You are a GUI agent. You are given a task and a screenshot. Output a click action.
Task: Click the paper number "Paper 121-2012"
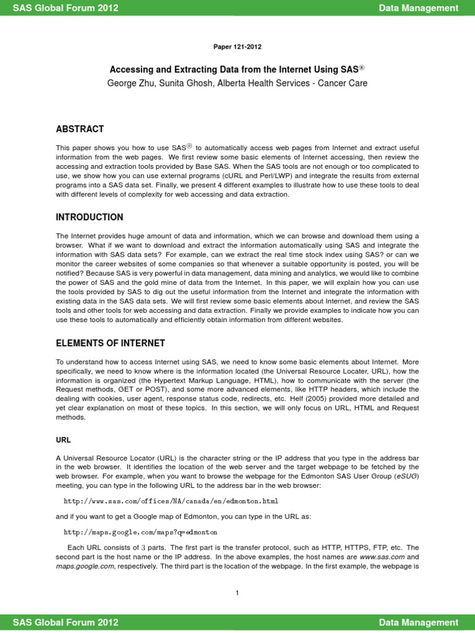[x=237, y=46]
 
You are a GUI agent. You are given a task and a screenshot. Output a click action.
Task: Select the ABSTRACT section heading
[x=80, y=129]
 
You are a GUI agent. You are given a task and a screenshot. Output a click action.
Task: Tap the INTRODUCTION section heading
[x=90, y=217]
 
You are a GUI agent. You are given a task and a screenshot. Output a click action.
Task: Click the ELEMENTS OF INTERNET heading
[x=111, y=343]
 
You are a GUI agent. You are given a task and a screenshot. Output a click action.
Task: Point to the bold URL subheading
[x=64, y=440]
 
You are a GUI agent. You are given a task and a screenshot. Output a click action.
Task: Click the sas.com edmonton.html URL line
[x=171, y=500]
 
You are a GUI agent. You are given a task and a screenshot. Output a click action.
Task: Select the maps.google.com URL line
[x=140, y=532]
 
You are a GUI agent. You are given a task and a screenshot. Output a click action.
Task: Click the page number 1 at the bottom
[x=237, y=593]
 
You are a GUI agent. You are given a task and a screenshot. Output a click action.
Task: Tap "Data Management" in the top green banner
[x=419, y=8]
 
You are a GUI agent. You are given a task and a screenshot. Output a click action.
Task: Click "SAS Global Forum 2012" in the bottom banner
[x=66, y=622]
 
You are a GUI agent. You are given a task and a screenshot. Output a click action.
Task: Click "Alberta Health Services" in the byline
[x=262, y=83]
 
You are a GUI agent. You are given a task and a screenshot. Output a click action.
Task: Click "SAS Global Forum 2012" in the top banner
[x=66, y=8]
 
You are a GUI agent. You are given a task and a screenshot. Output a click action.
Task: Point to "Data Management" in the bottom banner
[x=419, y=622]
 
